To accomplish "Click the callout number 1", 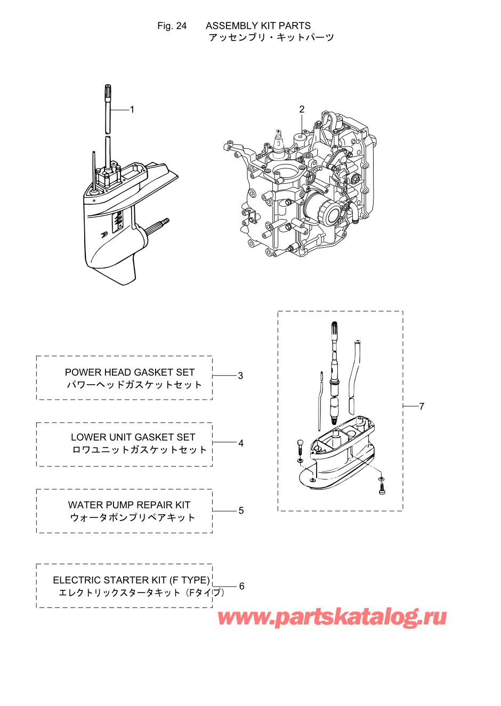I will point(132,110).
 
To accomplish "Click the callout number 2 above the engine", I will point(302,109).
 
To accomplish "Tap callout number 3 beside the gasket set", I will point(240,376).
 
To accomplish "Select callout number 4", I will point(241,443).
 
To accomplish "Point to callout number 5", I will point(241,510).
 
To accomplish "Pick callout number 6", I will point(241,586).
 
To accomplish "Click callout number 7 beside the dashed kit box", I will point(422,407).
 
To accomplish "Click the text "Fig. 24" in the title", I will point(172,26).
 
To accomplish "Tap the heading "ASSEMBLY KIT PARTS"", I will point(258,26).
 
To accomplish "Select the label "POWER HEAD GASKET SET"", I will point(130,372).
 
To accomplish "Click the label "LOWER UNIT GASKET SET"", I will point(133,437).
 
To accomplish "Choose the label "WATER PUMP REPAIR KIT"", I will point(129,505).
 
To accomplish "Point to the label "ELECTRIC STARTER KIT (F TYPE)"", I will point(131,580).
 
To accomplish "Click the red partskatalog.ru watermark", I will point(332,617).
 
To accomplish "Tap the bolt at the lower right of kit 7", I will point(382,488).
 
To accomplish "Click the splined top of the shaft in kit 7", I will point(334,330).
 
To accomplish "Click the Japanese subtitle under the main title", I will point(271,37).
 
